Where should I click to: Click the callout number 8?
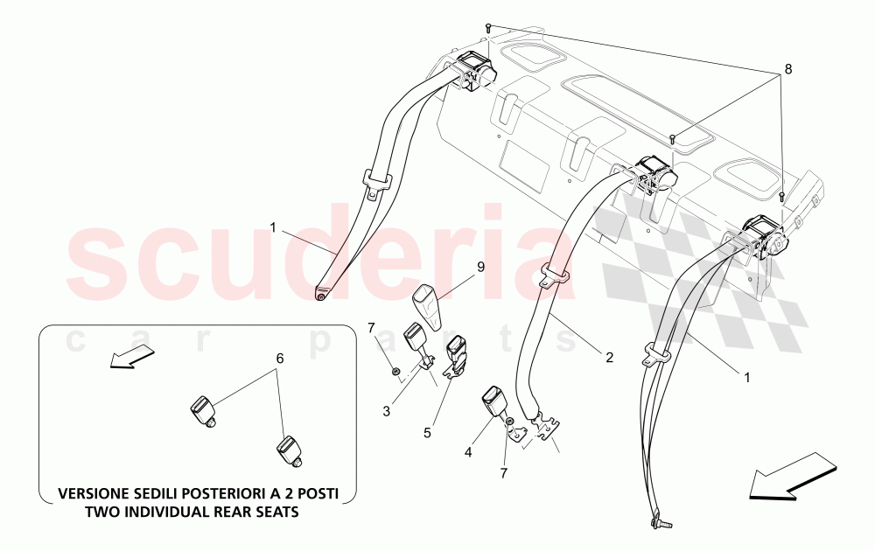pyautogui.click(x=787, y=69)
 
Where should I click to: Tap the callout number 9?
pyautogui.click(x=480, y=267)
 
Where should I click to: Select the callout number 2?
pyautogui.click(x=609, y=358)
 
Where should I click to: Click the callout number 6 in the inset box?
pyautogui.click(x=280, y=358)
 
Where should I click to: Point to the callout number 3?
pyautogui.click(x=387, y=412)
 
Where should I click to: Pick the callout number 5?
pyautogui.click(x=427, y=433)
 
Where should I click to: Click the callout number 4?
pyautogui.click(x=467, y=452)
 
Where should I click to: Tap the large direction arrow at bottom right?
pyautogui.click(x=793, y=475)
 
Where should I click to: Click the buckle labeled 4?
pyautogui.click(x=495, y=402)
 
